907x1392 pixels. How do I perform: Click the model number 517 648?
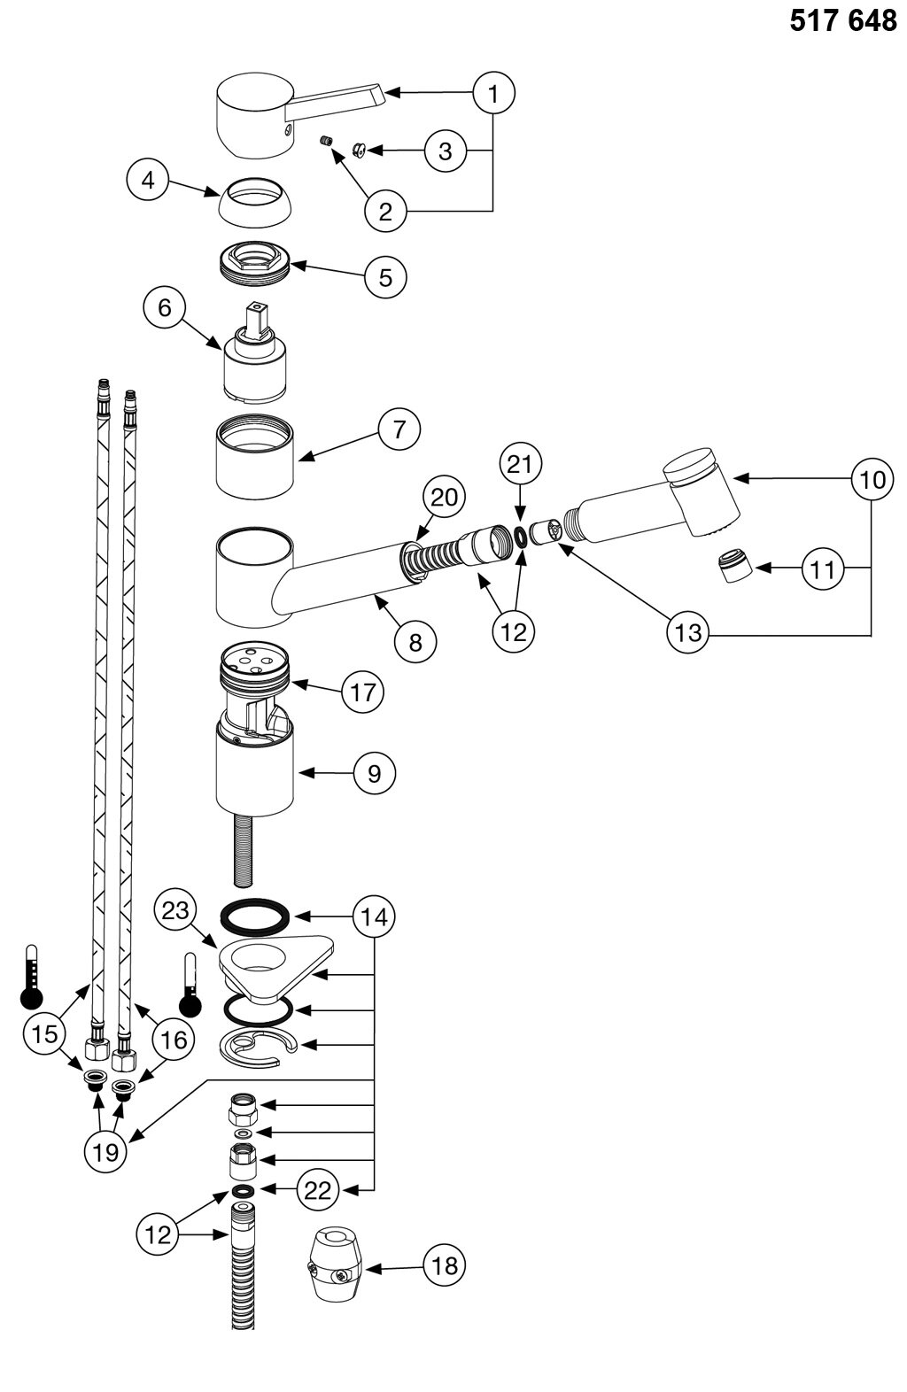pyautogui.click(x=842, y=21)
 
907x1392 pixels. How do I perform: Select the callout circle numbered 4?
pyautogui.click(x=149, y=181)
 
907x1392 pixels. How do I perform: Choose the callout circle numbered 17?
pyautogui.click(x=363, y=691)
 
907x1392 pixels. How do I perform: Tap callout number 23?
pyautogui.click(x=175, y=909)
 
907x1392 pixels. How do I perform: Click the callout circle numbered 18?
pyautogui.click(x=444, y=1266)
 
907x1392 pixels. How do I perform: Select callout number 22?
pyautogui.click(x=317, y=1190)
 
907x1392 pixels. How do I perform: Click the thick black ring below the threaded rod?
pyautogui.click(x=254, y=917)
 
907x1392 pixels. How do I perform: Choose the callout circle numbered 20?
pyautogui.click(x=444, y=497)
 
